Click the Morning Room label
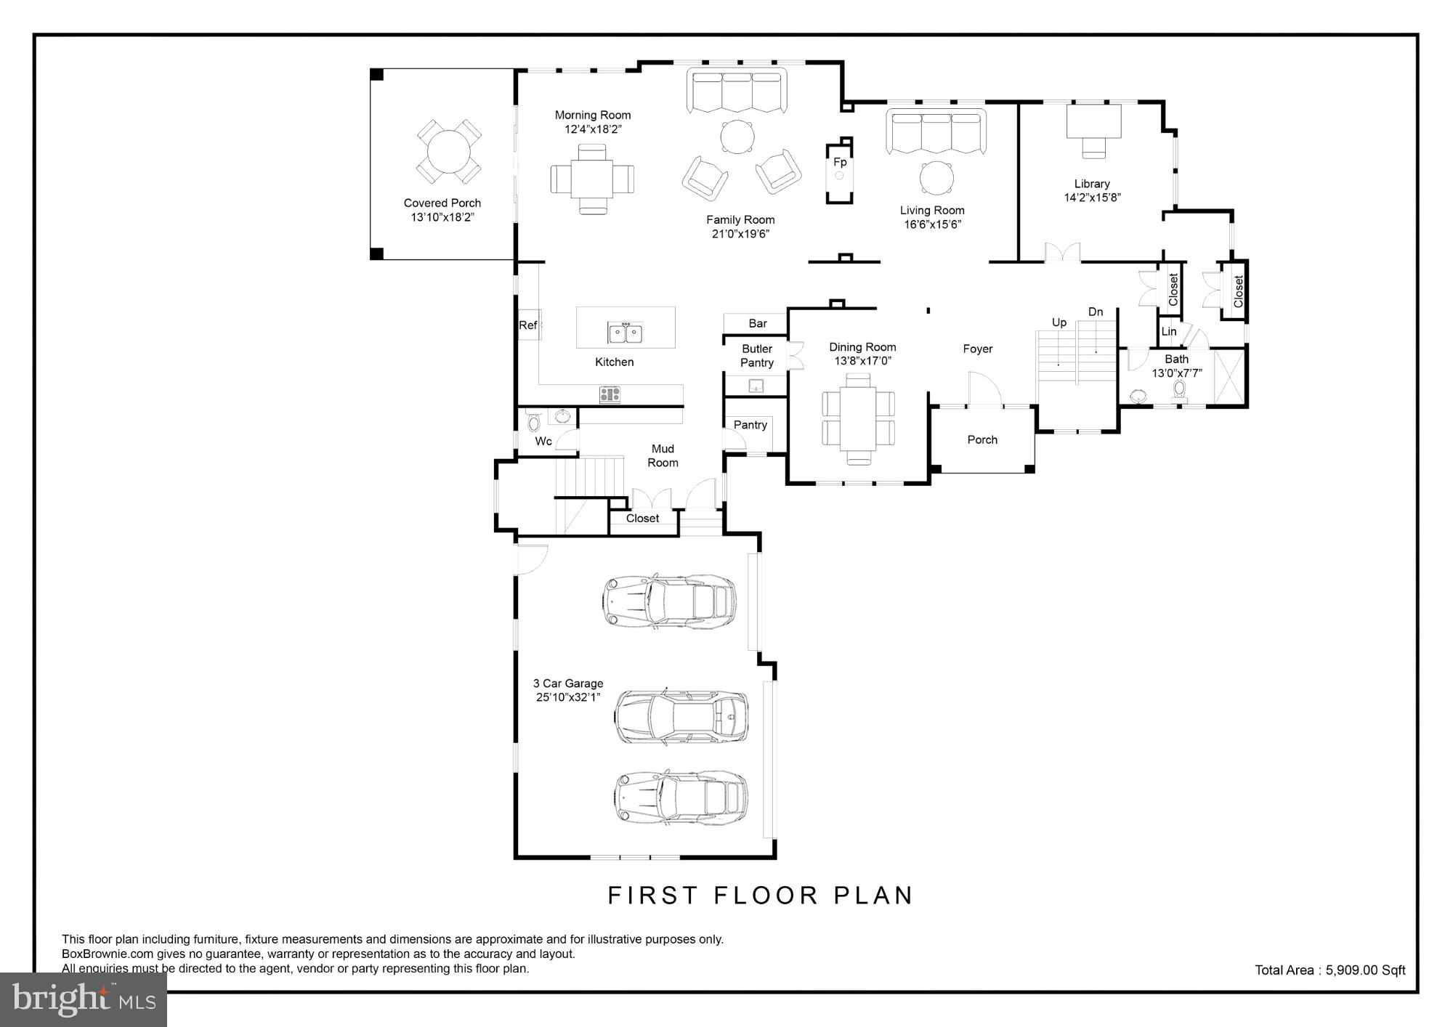(593, 115)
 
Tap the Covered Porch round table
(449, 152)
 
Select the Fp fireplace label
(840, 162)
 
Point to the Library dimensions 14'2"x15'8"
(1093, 198)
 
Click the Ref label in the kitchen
(527, 325)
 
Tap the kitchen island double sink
(626, 333)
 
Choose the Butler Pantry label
(757, 356)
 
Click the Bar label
(758, 323)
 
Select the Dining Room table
(858, 418)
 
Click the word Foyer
(978, 349)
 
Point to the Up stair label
(1059, 322)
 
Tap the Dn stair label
(1096, 312)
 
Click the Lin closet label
(1169, 331)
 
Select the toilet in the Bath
(1180, 390)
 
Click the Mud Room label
(663, 455)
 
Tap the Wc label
(543, 441)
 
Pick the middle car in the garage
(681, 718)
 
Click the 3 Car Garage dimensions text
(568, 698)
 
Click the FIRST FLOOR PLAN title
(760, 896)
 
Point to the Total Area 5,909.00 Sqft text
(1330, 970)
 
